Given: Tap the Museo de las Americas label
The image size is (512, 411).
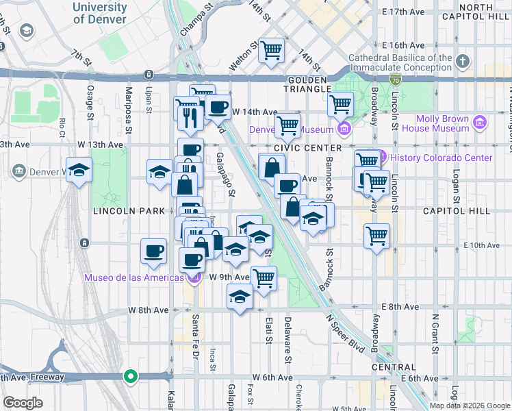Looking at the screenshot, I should [x=134, y=277].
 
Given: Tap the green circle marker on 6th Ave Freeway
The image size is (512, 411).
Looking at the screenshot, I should [x=130, y=376].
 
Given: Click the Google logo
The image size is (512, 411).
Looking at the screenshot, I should [x=22, y=403].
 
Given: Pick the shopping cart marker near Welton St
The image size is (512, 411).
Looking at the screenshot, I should [x=272, y=50].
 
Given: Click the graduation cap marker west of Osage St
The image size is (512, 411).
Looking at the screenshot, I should [x=79, y=170].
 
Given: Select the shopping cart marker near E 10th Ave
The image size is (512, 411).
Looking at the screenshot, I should [x=376, y=236].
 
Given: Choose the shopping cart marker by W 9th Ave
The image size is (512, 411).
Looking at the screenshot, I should [x=264, y=278].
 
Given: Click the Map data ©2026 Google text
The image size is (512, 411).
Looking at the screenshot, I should [x=470, y=406].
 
